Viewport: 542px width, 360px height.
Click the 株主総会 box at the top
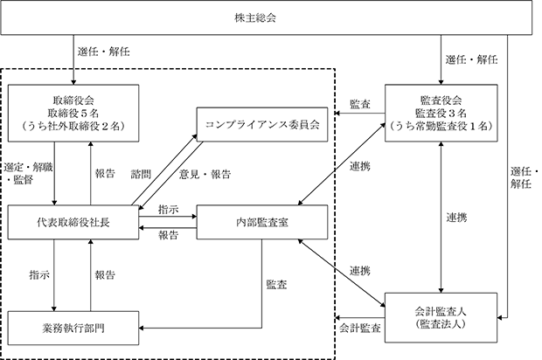[x=266, y=17]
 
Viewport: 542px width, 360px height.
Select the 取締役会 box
[x=73, y=113]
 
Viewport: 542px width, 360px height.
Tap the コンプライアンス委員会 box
[x=262, y=124]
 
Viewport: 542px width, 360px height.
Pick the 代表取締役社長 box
[x=73, y=222]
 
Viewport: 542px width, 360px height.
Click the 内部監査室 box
[x=262, y=222]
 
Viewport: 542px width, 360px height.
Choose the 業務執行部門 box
[x=73, y=328]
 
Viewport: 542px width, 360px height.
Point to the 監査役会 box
[x=441, y=113]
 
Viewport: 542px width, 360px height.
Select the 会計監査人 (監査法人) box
[x=441, y=318]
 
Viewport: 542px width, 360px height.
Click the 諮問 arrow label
[x=141, y=174]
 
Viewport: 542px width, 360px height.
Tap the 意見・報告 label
[x=205, y=174]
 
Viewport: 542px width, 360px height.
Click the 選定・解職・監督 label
[x=28, y=174]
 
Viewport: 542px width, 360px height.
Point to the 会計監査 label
[x=360, y=328]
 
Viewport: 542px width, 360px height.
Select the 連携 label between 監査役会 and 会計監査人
[x=456, y=218]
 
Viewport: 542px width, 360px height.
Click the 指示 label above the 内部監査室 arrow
[x=169, y=210]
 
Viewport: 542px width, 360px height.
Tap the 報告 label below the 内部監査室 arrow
[x=169, y=235]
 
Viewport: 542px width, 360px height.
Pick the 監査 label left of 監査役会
[x=360, y=104]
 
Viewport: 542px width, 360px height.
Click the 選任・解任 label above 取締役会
[x=104, y=52]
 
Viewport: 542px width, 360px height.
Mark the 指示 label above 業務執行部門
[x=39, y=275]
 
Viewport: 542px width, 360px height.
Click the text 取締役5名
[x=73, y=113]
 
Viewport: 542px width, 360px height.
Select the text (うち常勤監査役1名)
[x=441, y=126]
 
